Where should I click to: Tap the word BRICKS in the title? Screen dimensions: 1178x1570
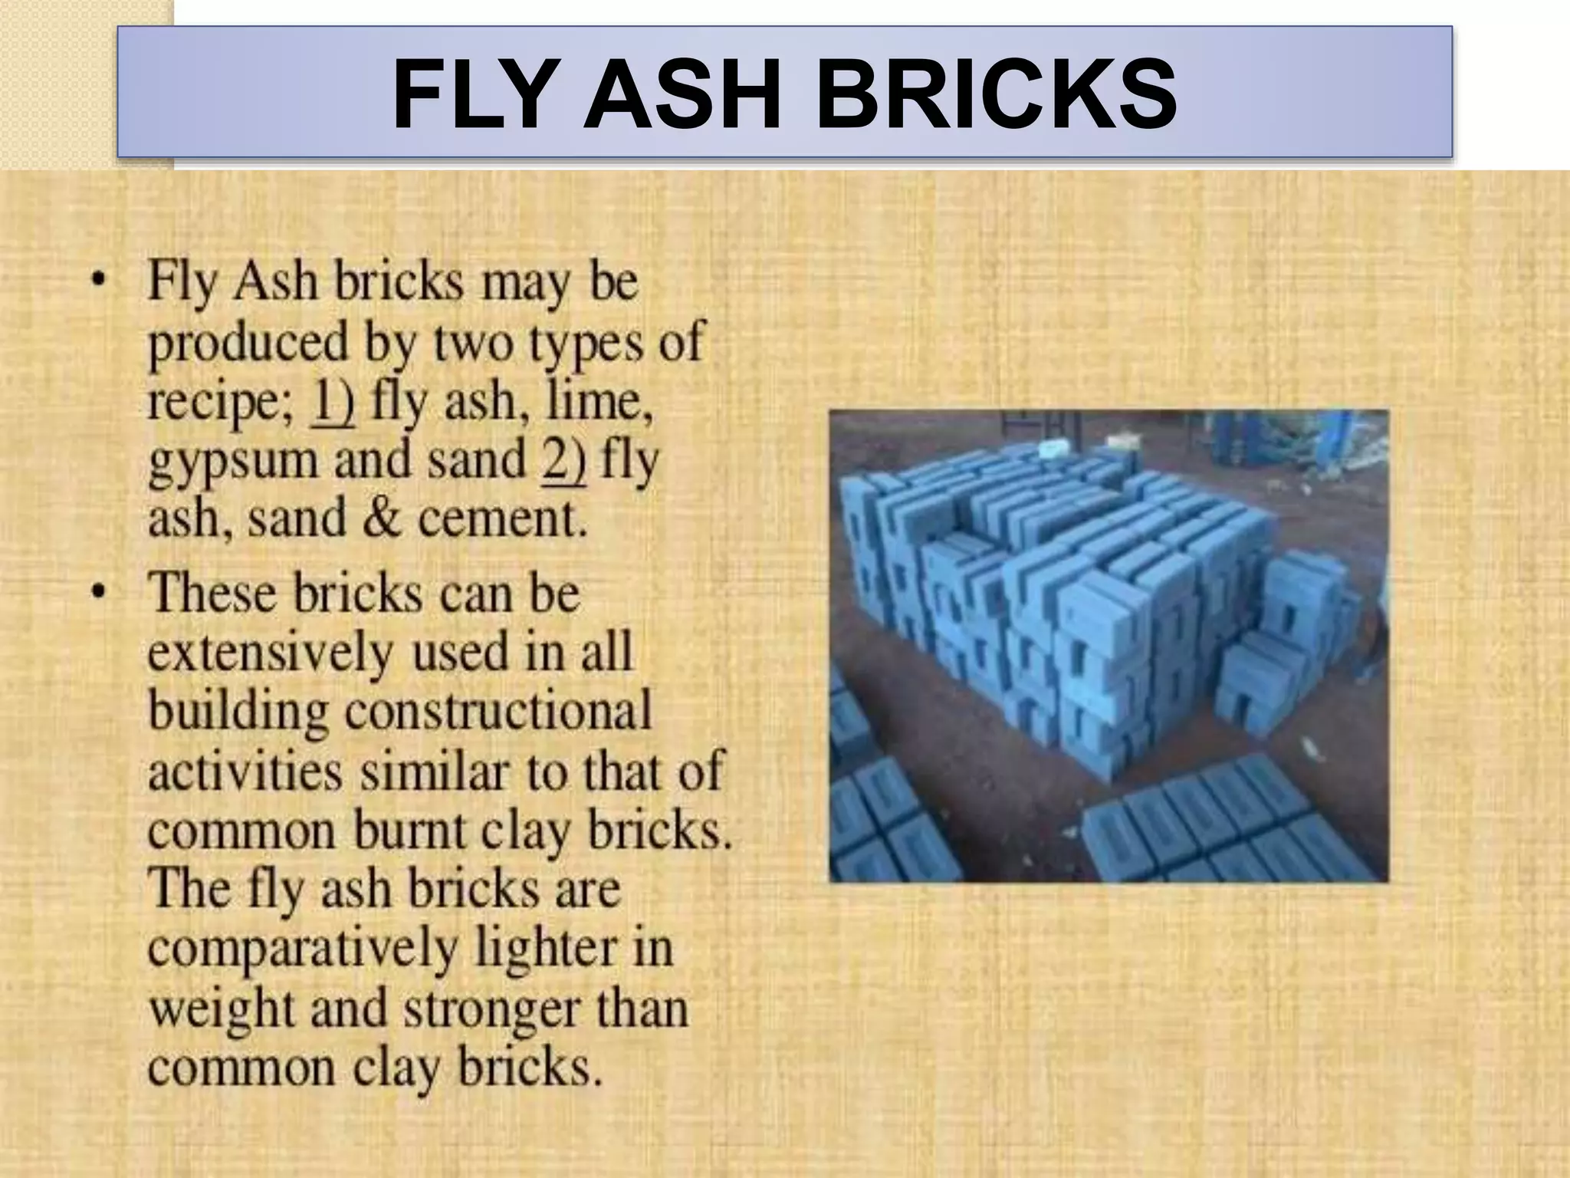[x=996, y=95]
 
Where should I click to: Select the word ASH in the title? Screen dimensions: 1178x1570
[x=682, y=95]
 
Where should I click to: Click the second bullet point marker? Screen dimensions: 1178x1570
[x=97, y=592]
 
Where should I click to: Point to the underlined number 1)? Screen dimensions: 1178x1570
[x=331, y=402]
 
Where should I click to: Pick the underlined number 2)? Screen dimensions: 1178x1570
[x=563, y=460]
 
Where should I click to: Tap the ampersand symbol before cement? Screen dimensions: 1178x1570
[x=382, y=518]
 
